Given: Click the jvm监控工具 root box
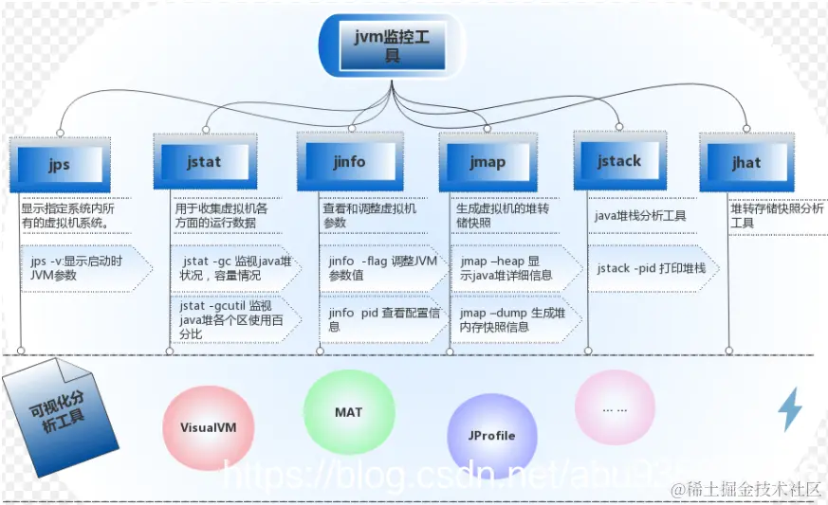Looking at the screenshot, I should tap(392, 45).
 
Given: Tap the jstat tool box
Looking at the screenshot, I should tap(204, 161).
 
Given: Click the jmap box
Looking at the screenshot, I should tap(488, 161).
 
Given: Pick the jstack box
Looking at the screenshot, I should tap(619, 160).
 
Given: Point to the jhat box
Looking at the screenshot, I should tap(746, 162).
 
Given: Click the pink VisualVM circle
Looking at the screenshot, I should tap(209, 427).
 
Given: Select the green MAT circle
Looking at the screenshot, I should tap(348, 413).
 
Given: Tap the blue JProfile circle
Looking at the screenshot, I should tap(491, 436).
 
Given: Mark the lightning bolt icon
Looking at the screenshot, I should tap(790, 409).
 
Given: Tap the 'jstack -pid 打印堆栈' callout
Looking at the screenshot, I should tap(653, 268).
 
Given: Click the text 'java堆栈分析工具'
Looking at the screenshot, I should tap(640, 216).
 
